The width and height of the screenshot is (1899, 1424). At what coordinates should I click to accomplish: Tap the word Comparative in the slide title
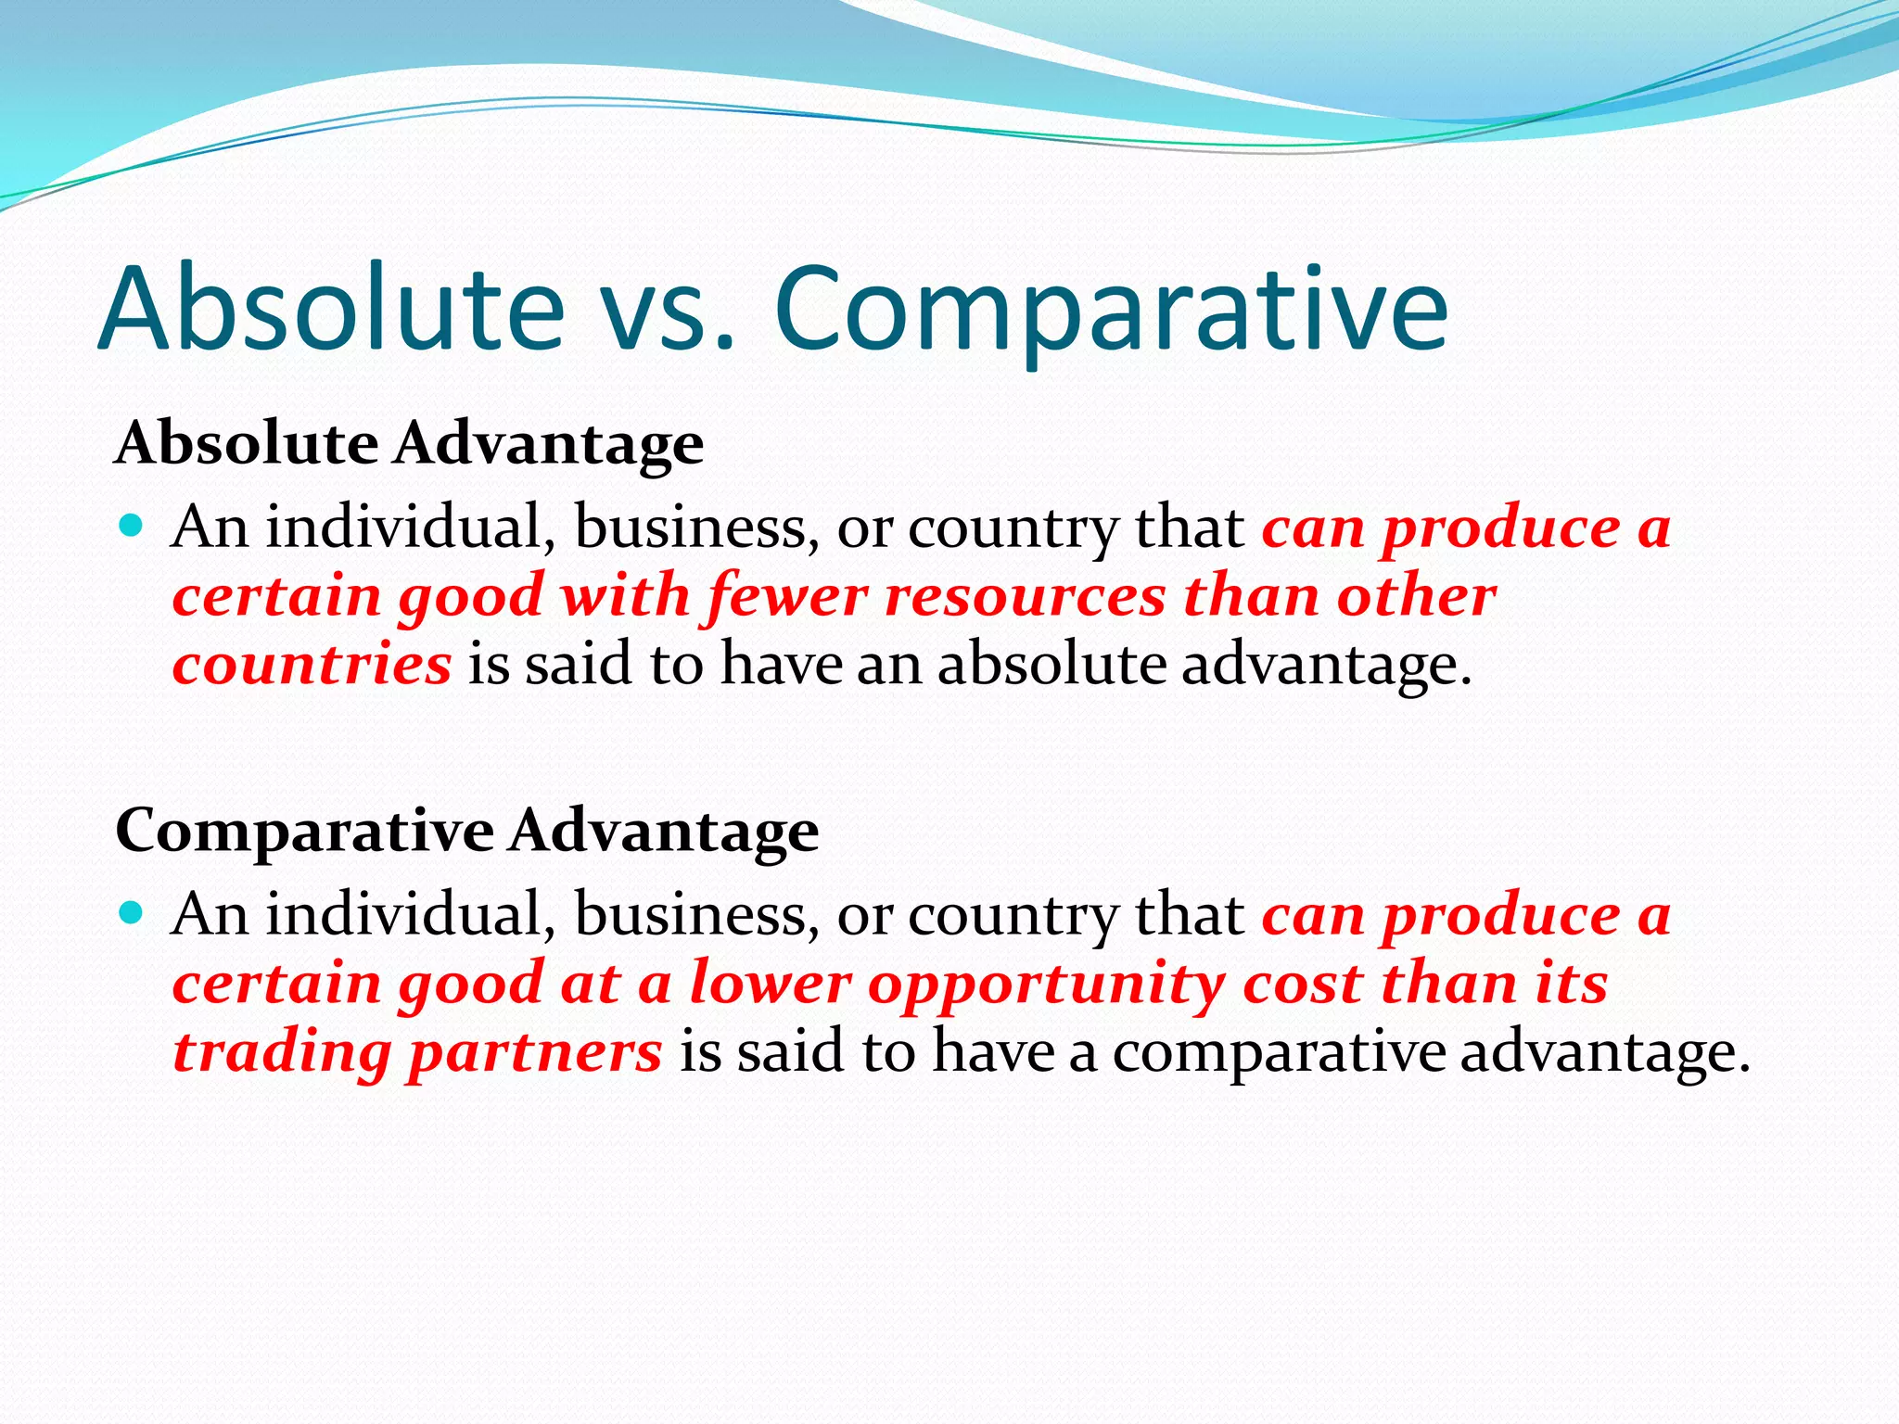coord(1110,311)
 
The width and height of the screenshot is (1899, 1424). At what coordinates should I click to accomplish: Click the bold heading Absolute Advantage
coord(409,443)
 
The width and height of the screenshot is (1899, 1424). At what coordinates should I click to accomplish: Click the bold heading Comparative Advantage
coord(466,830)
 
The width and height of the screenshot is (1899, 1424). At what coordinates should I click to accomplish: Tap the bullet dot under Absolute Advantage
coord(132,528)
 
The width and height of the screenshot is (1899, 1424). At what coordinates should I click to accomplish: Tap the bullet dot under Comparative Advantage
coord(132,914)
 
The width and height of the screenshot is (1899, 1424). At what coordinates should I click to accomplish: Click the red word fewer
coord(787,595)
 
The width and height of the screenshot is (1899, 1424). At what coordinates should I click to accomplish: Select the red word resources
coord(1025,597)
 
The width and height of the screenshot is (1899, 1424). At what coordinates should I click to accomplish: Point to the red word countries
coord(312,665)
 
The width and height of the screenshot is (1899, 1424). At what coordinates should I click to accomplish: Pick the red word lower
coord(770,984)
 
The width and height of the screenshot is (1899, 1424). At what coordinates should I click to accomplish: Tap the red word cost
coord(1302,984)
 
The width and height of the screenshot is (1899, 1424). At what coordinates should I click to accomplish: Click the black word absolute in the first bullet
coord(1051,664)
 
